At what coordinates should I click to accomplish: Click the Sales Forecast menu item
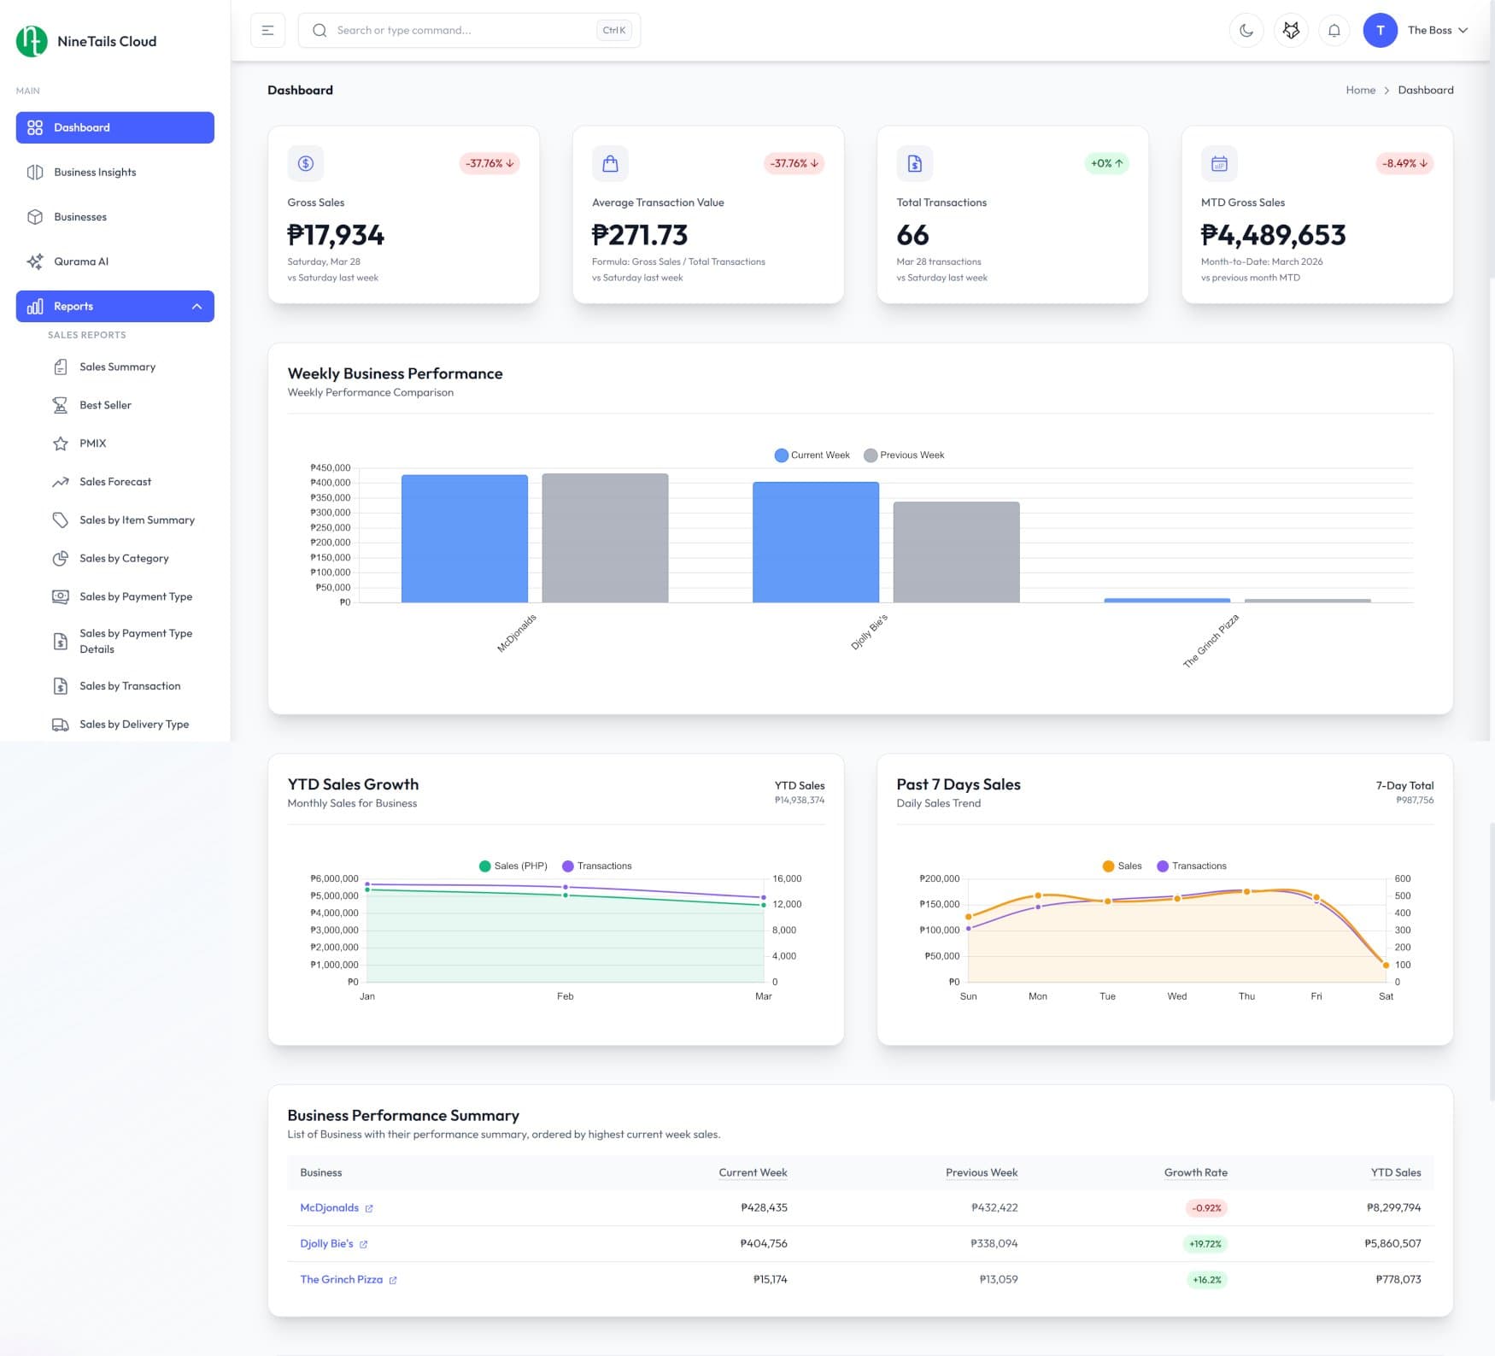[114, 482]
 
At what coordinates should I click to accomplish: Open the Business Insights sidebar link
[95, 173]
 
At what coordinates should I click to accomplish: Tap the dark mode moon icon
[1246, 31]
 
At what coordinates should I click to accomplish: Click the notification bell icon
[1334, 31]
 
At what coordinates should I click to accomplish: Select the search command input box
[461, 31]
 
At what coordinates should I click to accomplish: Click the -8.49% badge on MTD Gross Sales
[1404, 163]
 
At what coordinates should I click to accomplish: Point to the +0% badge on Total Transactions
[1106, 163]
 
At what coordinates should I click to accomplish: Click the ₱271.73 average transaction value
[639, 235]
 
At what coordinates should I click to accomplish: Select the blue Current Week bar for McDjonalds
[464, 538]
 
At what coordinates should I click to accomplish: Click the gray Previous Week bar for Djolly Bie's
[956, 552]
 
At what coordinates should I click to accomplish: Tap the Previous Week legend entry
[904, 455]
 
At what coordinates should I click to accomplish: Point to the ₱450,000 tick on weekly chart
[330, 468]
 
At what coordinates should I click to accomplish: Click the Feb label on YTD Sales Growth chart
[565, 996]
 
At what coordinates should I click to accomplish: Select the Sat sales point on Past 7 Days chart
[1386, 966]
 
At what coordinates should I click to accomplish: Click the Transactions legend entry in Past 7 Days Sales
[1191, 866]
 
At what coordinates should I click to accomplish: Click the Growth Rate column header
[1195, 1173]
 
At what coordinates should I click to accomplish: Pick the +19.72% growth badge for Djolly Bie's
[1205, 1244]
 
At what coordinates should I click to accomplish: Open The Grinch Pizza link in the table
[342, 1280]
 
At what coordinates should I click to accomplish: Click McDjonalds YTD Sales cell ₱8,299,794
[1393, 1208]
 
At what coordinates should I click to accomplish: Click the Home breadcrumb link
[1360, 91]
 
